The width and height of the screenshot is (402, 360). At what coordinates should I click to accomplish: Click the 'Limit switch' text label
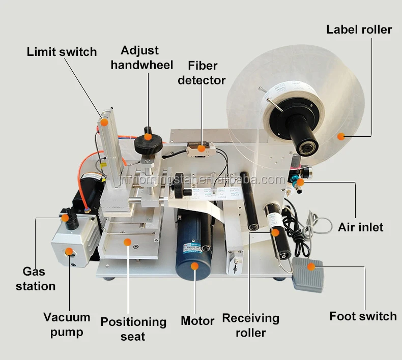(x=61, y=51)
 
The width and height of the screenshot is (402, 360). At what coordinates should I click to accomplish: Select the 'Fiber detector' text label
(x=202, y=73)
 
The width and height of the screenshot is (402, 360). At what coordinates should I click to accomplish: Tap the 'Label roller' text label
(x=359, y=29)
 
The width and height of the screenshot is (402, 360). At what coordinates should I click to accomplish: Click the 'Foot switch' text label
(x=362, y=316)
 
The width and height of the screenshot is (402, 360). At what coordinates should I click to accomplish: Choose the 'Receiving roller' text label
(x=250, y=325)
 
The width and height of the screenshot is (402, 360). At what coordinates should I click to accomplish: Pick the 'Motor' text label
(x=197, y=321)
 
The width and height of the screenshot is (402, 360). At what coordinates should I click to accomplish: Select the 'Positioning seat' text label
(x=133, y=328)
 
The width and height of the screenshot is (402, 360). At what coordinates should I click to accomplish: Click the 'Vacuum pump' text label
(x=67, y=325)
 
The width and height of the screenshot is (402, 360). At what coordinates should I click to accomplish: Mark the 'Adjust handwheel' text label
(x=141, y=57)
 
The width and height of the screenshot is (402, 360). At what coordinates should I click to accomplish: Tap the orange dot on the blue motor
(x=194, y=265)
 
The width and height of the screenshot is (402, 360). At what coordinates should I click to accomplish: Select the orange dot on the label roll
(x=341, y=136)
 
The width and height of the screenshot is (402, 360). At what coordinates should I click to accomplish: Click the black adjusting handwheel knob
(x=148, y=144)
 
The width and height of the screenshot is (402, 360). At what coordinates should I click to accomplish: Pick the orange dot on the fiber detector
(x=202, y=148)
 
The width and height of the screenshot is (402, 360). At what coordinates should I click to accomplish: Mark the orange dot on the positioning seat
(x=127, y=242)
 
